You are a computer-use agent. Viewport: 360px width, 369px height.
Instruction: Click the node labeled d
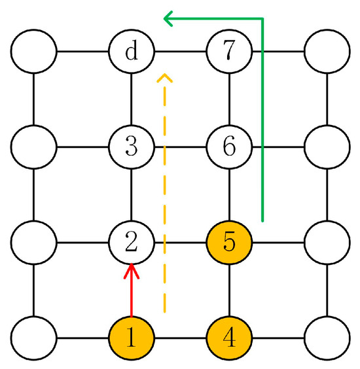tap(132, 51)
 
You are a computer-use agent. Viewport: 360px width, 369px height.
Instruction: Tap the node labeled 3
tap(132, 147)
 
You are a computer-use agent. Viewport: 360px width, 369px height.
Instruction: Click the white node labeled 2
tap(132, 243)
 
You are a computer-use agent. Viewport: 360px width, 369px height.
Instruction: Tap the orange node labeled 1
tap(132, 339)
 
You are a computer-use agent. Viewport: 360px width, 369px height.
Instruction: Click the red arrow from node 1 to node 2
tap(132, 291)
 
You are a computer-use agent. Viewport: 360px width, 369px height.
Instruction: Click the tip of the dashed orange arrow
tap(165, 77)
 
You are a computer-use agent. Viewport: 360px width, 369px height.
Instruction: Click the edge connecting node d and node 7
tap(180, 51)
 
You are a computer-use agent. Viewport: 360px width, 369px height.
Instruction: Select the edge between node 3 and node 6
tap(180, 147)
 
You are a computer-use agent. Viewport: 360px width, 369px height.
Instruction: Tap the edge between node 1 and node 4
tap(180, 339)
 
